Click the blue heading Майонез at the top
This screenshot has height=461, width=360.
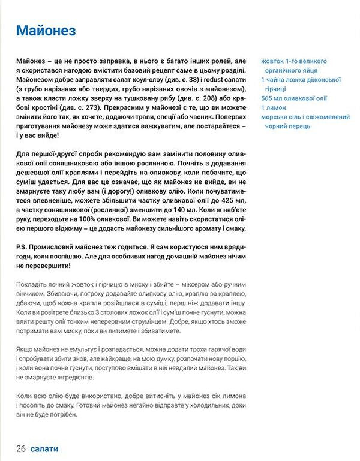(x=46, y=31)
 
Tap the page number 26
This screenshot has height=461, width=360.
(x=21, y=448)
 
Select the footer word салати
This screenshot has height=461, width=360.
(x=44, y=448)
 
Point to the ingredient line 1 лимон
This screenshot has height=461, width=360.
(x=275, y=107)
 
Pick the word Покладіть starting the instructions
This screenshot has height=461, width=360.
(x=35, y=285)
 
